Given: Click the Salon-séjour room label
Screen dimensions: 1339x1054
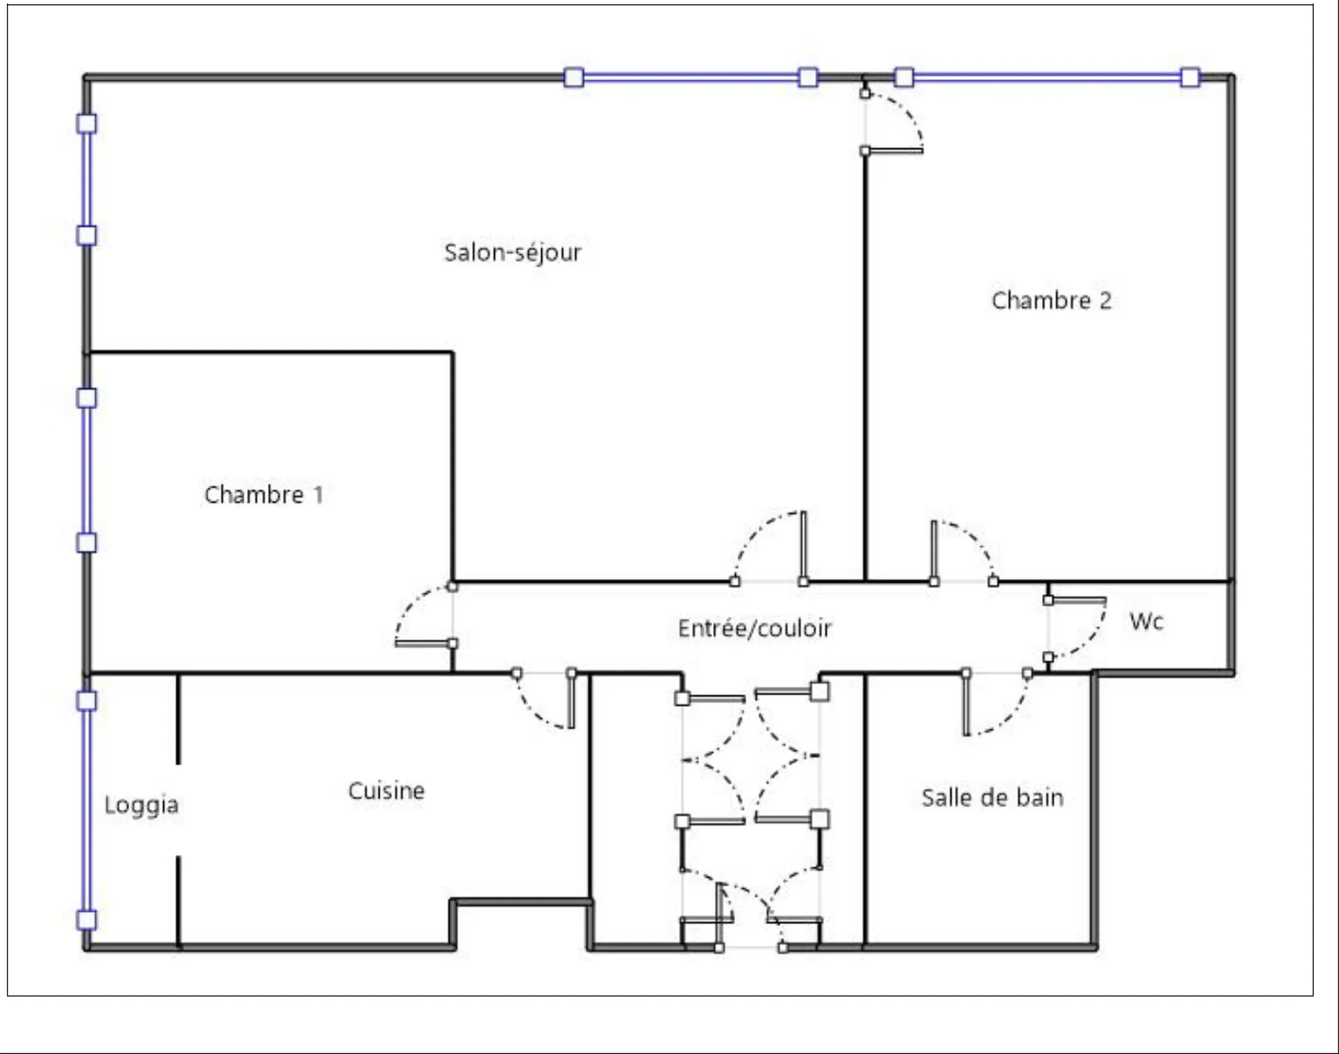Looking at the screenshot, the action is click(x=513, y=253).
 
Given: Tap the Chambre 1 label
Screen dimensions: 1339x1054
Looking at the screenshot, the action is click(x=264, y=495).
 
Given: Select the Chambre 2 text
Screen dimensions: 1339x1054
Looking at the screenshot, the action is click(x=1051, y=301).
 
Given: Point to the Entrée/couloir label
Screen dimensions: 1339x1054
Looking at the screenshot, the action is click(x=755, y=628).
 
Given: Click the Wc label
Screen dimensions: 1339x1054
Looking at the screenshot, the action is click(x=1146, y=621).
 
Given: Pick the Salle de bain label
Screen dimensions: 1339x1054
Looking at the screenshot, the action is click(x=992, y=797).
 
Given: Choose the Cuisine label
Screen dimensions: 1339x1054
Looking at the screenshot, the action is click(x=386, y=790).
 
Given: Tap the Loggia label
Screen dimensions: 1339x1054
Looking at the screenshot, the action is click(x=142, y=805).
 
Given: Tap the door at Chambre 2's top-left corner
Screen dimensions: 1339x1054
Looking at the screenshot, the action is click(x=893, y=121).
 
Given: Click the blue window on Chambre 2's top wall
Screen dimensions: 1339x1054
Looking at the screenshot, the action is click(x=1047, y=77).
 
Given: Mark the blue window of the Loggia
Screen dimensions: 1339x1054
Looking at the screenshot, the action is click(x=86, y=811).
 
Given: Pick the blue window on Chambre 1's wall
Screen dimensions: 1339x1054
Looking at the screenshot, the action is click(x=86, y=470).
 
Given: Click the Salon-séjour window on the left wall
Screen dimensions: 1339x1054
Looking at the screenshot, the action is click(x=86, y=179).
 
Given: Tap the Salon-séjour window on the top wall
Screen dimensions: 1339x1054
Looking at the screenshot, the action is click(x=690, y=77).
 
